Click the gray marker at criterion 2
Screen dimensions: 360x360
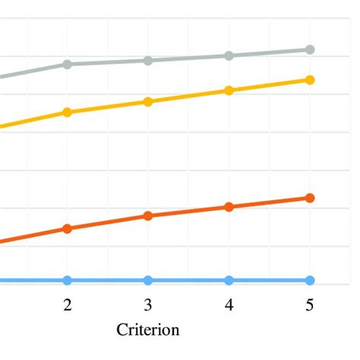[x=68, y=65]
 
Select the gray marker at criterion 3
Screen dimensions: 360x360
[x=148, y=61]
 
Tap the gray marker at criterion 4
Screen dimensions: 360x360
[x=229, y=55]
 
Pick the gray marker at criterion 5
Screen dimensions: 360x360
[x=310, y=49]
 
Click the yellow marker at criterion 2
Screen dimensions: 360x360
[x=68, y=112]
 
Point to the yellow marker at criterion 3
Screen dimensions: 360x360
[x=148, y=102]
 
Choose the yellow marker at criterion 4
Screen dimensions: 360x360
[x=229, y=90]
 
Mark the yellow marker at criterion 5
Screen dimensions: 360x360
[x=310, y=80]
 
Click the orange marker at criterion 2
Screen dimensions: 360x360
[x=68, y=228]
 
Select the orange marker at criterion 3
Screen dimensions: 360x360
[x=148, y=216]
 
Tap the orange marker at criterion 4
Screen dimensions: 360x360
[x=229, y=207]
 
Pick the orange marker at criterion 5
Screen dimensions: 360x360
[x=310, y=197]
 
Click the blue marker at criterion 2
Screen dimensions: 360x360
[x=68, y=280]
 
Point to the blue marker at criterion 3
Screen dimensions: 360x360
[x=148, y=280]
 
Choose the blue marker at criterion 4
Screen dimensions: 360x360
[x=229, y=280]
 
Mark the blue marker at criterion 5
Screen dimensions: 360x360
[x=310, y=280]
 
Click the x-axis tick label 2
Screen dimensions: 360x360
[x=68, y=305]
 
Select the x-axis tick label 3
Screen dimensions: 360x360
[x=148, y=305]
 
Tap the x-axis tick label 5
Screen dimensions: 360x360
[x=310, y=305]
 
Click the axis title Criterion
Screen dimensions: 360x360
[x=148, y=330]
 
